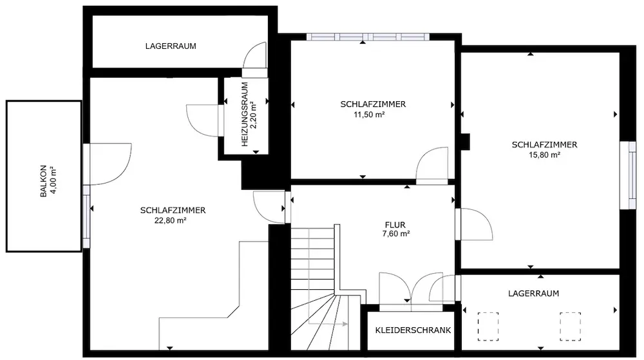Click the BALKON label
44,181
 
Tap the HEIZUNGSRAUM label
245,115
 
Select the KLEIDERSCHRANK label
413,330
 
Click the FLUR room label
395,225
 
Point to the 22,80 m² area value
170,220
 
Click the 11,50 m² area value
369,115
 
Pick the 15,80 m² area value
545,155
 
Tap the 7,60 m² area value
396,234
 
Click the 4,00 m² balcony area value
53,181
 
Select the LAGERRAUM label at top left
171,46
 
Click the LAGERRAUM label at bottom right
533,294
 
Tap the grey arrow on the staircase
328,324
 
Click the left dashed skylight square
488,327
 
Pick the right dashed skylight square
570,327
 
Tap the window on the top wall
368,37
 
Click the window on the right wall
628,175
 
